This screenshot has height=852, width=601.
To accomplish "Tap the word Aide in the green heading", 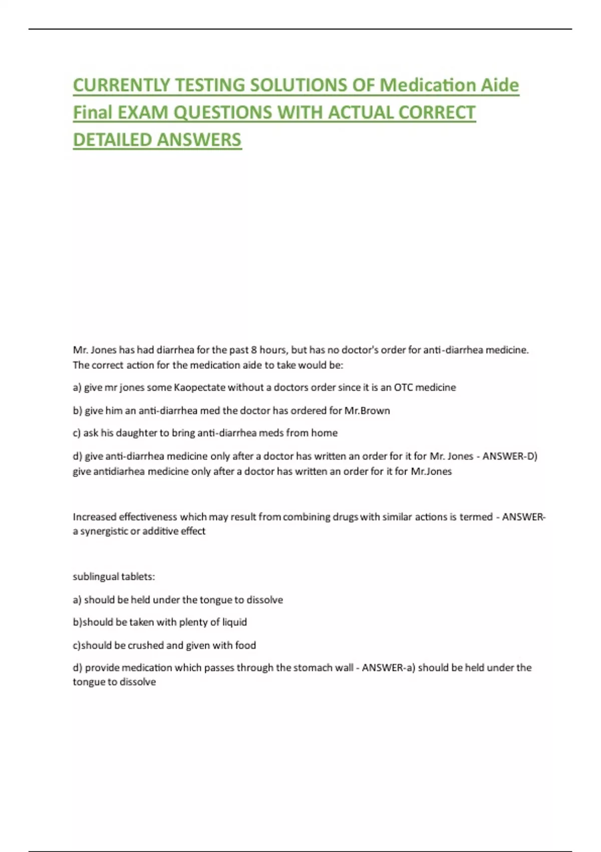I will pyautogui.click(x=500, y=85).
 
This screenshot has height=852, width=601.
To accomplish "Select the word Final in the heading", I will pyautogui.click(x=93, y=113).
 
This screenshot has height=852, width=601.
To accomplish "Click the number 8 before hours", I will pyautogui.click(x=254, y=350).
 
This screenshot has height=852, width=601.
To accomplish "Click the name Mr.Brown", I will pyautogui.click(x=367, y=410).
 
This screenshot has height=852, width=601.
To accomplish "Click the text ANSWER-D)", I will pyautogui.click(x=510, y=456).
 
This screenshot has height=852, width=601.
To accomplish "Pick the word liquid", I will pyautogui.click(x=234, y=622).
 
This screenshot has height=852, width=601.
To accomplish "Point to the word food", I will pyautogui.click(x=245, y=646).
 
